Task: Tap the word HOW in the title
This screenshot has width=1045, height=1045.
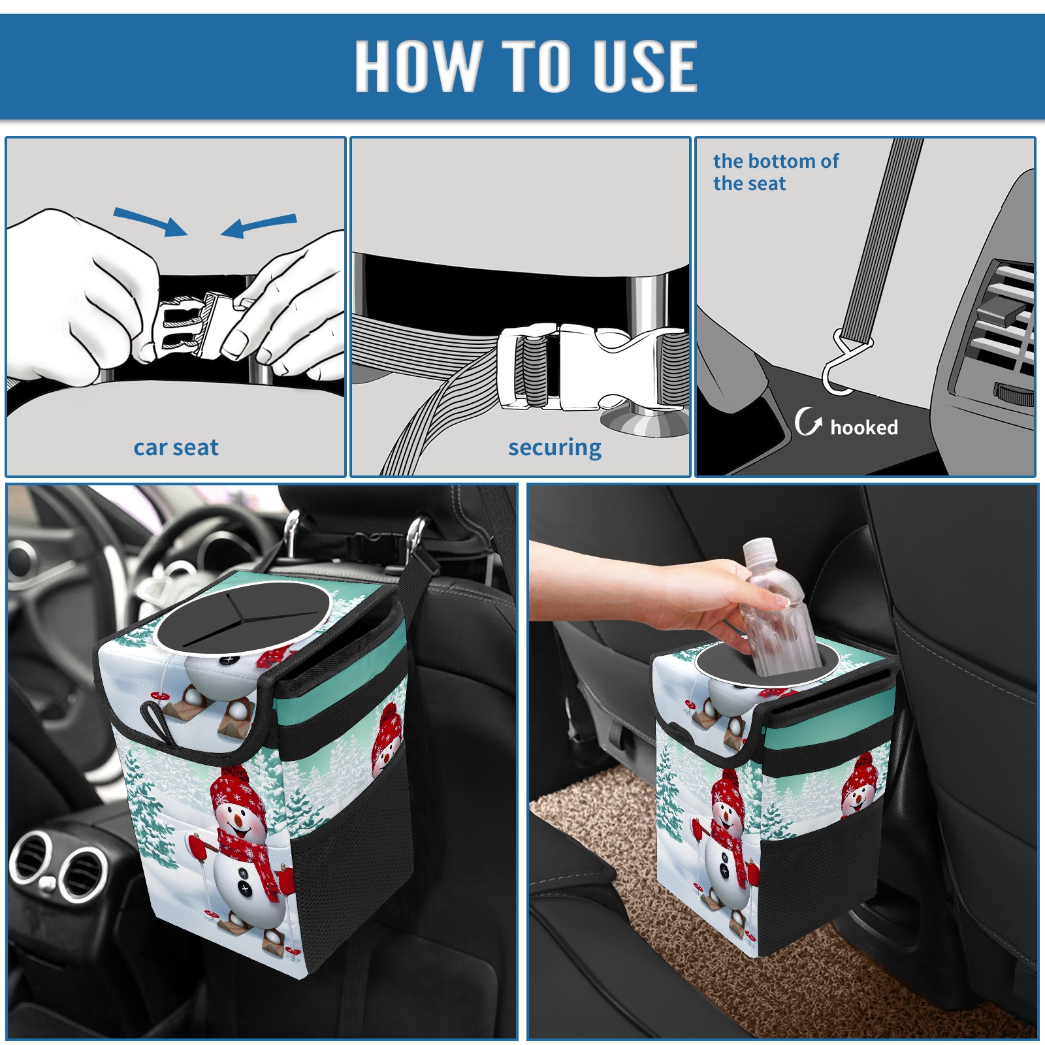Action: pos(416,65)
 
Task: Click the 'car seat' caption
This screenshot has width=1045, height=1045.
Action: pos(176,447)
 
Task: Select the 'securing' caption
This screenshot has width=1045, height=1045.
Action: pos(555,448)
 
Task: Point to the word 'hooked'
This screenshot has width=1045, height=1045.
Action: pos(863,427)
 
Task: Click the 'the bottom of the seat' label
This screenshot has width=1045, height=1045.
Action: pos(775,172)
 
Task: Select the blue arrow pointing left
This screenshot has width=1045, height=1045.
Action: pos(259,225)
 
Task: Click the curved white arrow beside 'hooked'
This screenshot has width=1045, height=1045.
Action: pos(808,422)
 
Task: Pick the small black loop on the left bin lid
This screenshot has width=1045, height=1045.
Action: pos(156,719)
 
